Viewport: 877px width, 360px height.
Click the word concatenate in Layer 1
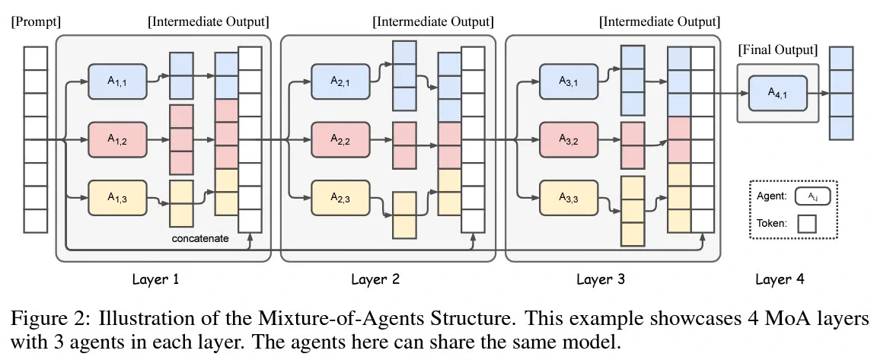pyautogui.click(x=200, y=239)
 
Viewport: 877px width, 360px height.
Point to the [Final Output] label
pyautogui.click(x=777, y=51)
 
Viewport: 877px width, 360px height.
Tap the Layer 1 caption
pyautogui.click(x=155, y=279)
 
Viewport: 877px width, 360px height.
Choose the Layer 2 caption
pyautogui.click(x=375, y=279)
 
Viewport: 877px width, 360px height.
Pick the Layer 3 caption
pyautogui.click(x=601, y=279)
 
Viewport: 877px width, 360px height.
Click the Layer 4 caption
pyautogui.click(x=779, y=279)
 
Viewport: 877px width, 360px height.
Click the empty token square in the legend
pyautogui.click(x=806, y=224)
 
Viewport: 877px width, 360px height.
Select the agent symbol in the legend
pyautogui.click(x=812, y=196)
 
